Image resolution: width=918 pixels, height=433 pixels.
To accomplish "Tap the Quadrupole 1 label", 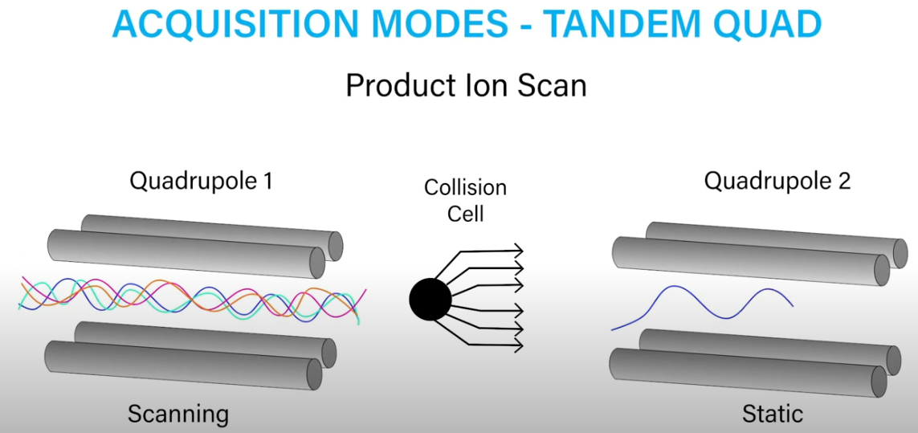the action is pyautogui.click(x=202, y=182).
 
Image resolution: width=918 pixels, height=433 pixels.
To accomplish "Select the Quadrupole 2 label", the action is pyautogui.click(x=777, y=182).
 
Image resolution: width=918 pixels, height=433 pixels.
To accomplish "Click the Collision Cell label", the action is pyautogui.click(x=466, y=201).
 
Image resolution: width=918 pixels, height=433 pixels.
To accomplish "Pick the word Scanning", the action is pyautogui.click(x=178, y=415).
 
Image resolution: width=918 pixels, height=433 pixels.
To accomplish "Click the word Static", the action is pyautogui.click(x=773, y=414).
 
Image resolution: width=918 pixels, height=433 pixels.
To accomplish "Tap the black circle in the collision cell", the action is pyautogui.click(x=430, y=300).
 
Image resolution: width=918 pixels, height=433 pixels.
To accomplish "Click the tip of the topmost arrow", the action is pyautogui.click(x=523, y=250).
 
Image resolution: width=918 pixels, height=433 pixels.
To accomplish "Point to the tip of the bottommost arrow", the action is pyautogui.click(x=523, y=347).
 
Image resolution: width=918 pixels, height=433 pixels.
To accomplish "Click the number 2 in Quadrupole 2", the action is pyautogui.click(x=843, y=181).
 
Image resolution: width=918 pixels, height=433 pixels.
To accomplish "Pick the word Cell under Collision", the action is pyautogui.click(x=466, y=213).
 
